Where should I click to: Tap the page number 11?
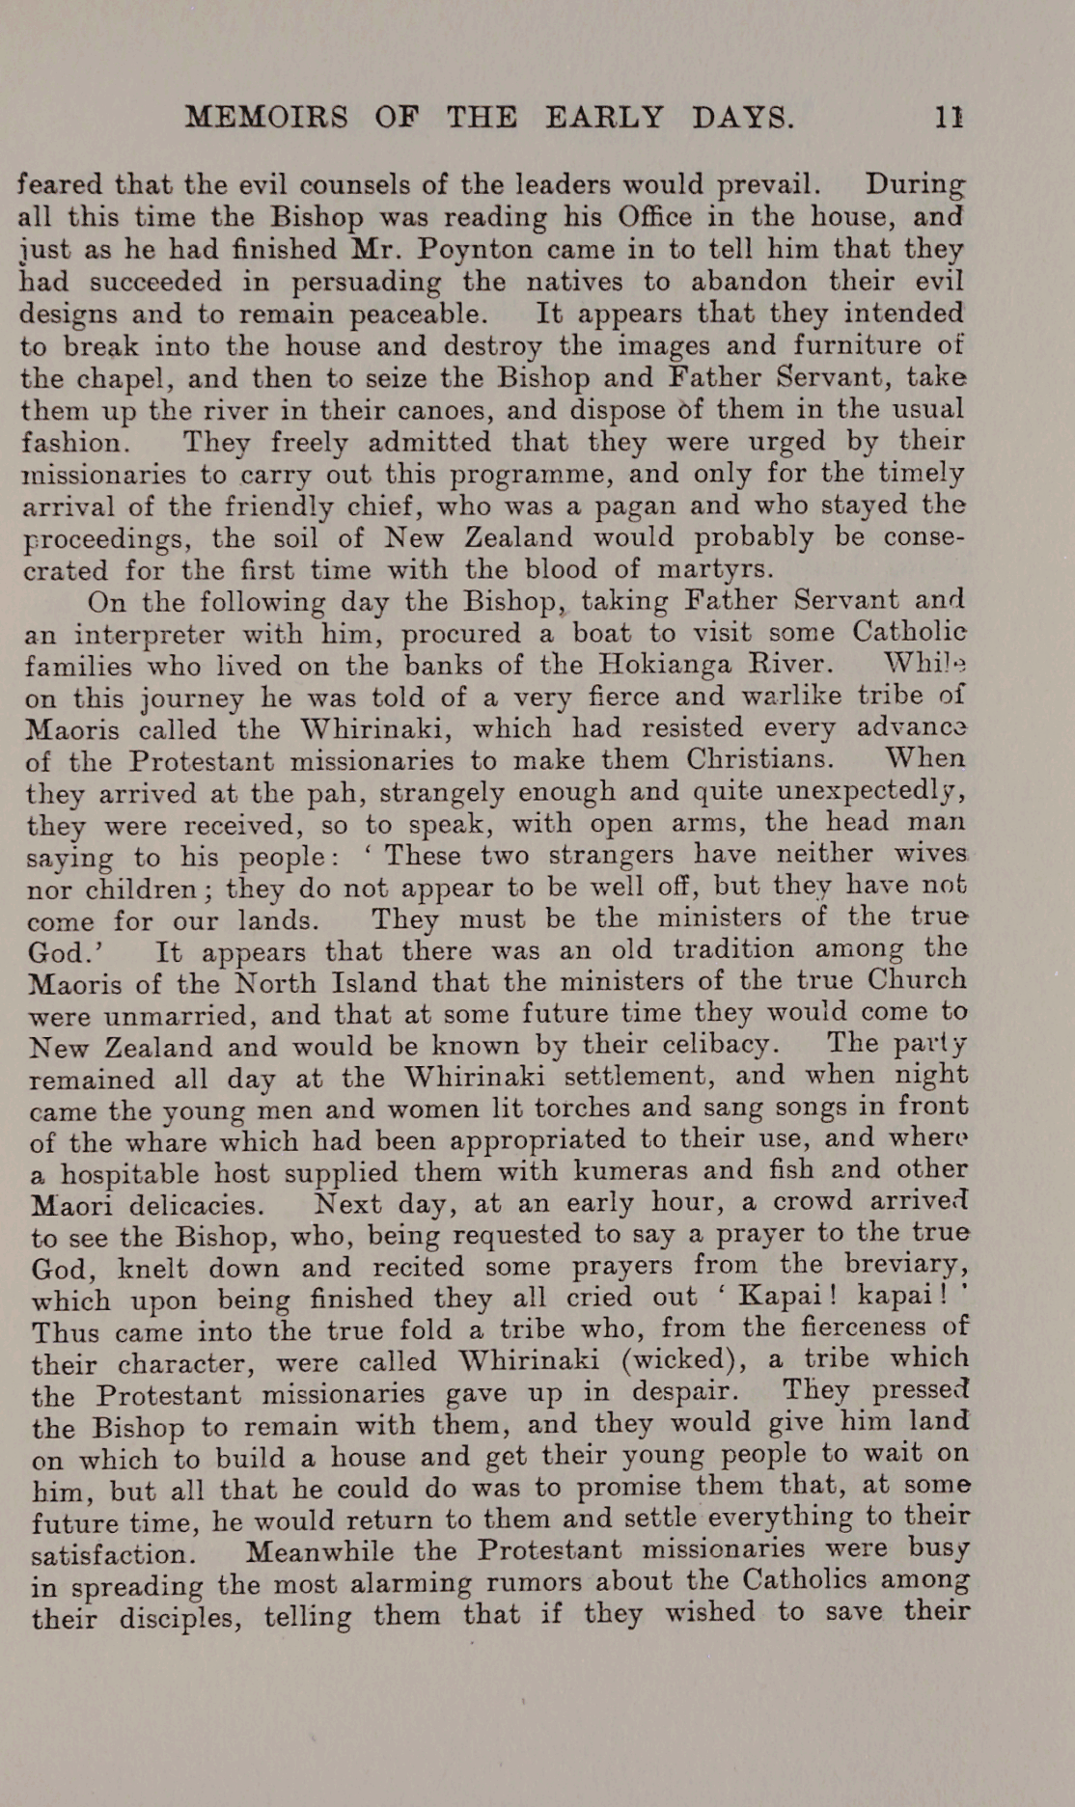point(949,118)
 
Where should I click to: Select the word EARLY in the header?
point(604,118)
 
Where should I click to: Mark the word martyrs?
point(715,568)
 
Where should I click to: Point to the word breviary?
point(905,1264)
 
